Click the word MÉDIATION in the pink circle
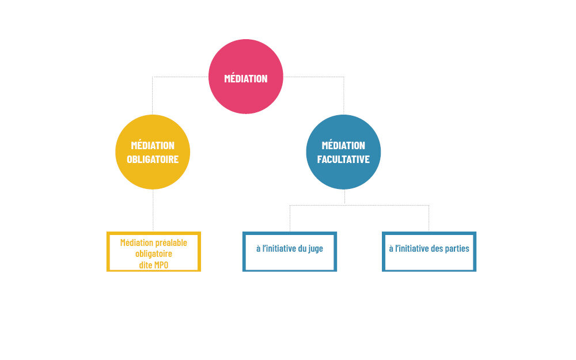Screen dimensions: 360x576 point(246,78)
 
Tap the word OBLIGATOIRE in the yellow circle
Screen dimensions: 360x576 point(153,159)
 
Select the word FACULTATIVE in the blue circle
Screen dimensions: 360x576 point(343,159)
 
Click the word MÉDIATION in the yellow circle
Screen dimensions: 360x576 point(153,146)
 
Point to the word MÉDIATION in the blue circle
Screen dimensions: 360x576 point(343,146)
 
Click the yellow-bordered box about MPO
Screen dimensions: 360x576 point(154,251)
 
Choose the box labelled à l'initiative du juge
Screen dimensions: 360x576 point(290,251)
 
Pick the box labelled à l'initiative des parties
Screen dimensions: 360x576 point(429,251)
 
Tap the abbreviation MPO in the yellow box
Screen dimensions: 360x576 point(161,264)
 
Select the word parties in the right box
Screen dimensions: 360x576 point(458,249)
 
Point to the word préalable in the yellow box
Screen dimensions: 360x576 point(170,242)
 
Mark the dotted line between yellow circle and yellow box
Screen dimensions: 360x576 point(153,210)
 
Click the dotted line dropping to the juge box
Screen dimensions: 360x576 point(290,219)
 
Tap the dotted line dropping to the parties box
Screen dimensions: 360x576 point(429,219)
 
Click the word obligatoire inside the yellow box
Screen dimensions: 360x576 point(154,253)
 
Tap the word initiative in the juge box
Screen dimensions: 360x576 point(285,249)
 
